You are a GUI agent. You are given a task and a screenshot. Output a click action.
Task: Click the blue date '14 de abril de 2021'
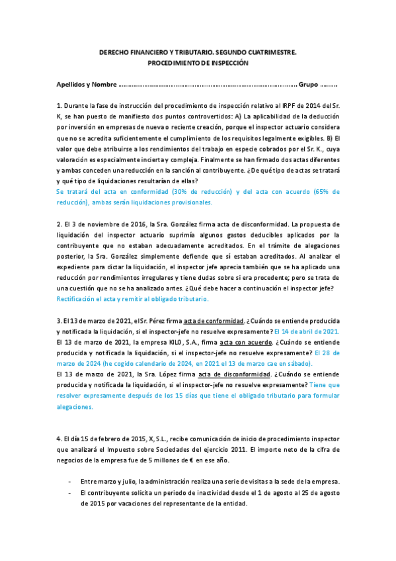[x=307, y=331]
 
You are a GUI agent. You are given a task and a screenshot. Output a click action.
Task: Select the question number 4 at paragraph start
[x=59, y=439]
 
